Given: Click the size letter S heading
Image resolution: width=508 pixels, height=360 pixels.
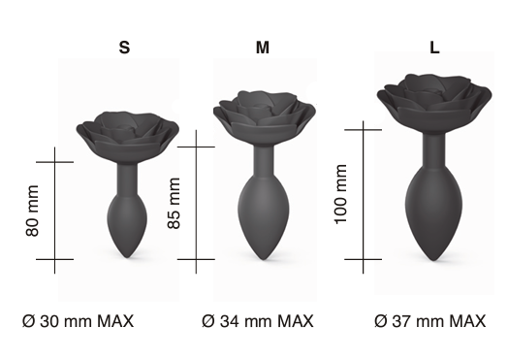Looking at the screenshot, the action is click(x=124, y=48).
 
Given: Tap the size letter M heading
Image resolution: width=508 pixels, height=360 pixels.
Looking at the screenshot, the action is click(x=263, y=48).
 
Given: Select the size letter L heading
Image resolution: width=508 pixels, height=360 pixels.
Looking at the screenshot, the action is click(x=434, y=48).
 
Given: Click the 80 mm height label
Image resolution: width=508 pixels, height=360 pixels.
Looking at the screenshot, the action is click(x=32, y=211).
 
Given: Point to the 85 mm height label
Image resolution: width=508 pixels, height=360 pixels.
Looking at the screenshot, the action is click(x=174, y=204).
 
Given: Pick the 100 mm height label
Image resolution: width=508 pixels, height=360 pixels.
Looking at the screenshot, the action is click(x=341, y=194).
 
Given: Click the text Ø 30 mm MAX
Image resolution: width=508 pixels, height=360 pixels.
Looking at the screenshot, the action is click(x=79, y=321).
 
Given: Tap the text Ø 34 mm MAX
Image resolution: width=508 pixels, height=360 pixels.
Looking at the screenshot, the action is click(x=258, y=321).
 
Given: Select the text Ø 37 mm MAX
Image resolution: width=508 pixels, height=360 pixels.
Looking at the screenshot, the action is click(x=430, y=321).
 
